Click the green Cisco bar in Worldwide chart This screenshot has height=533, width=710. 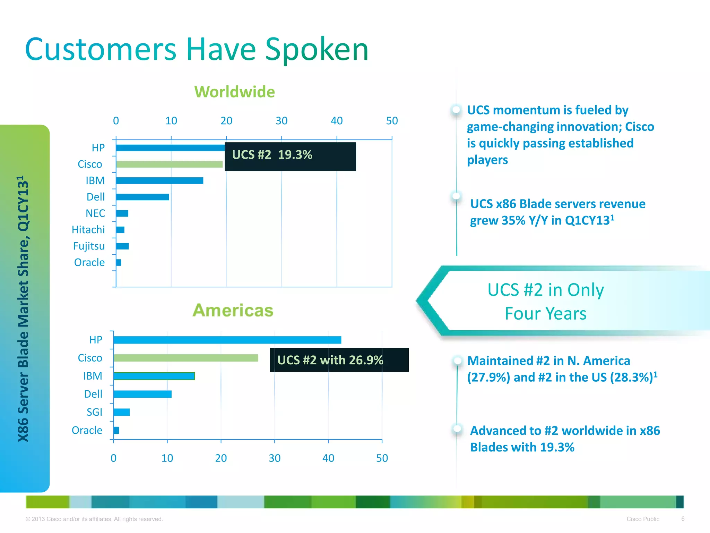[169, 164]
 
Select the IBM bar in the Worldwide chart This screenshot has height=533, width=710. [159, 180]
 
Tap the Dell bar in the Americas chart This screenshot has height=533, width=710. [142, 394]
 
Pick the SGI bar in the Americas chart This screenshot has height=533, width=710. [122, 412]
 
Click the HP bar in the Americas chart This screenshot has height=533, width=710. [227, 340]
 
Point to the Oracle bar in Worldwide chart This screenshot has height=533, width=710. [119, 262]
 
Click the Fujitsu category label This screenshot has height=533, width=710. [89, 246]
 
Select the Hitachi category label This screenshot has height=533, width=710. [88, 230]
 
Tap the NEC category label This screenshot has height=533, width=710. [95, 213]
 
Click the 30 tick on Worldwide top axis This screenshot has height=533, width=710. [282, 121]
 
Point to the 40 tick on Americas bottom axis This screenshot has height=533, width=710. [328, 458]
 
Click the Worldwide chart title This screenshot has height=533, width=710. [234, 92]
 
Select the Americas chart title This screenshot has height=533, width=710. [233, 310]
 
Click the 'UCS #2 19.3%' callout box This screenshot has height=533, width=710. [290, 156]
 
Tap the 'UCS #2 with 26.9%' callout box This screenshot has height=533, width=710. [339, 360]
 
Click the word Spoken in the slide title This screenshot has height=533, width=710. [317, 49]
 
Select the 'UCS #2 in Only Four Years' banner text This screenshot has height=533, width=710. [545, 301]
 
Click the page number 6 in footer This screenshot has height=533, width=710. [683, 519]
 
